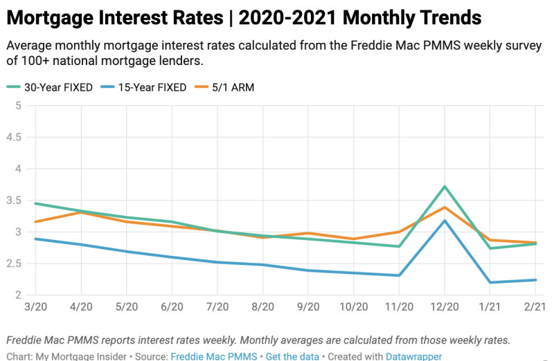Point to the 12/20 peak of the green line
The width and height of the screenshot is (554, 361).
pos(444,187)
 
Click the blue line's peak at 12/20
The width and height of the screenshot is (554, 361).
pos(444,221)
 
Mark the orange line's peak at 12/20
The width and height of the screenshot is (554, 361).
pos(444,207)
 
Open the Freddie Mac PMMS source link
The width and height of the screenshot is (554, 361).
pos(214,356)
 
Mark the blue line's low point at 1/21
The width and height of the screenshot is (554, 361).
pos(489,282)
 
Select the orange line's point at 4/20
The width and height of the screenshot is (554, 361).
pos(81,212)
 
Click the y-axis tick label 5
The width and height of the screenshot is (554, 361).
pos(19,106)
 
